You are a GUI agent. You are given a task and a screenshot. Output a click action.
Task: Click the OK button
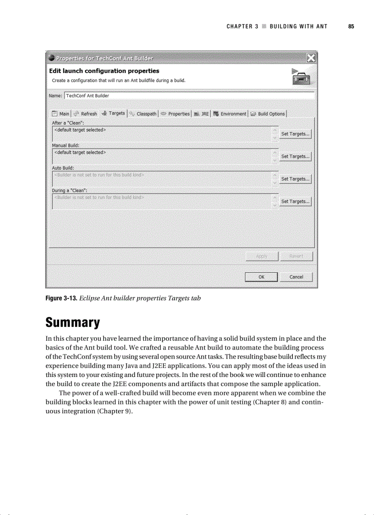[x=261, y=277]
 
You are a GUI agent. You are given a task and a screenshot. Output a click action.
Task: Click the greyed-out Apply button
[x=261, y=256]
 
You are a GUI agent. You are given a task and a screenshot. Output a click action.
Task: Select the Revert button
[x=296, y=256]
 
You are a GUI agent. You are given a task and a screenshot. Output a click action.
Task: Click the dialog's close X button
[x=310, y=58]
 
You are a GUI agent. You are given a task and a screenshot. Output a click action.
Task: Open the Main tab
[x=60, y=114]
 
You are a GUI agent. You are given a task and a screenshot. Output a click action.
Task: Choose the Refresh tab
[x=85, y=114]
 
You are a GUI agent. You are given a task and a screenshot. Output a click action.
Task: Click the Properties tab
[x=175, y=114]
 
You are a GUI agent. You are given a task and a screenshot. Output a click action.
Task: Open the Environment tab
[x=230, y=114]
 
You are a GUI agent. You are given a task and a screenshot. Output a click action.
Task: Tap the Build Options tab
[x=268, y=114]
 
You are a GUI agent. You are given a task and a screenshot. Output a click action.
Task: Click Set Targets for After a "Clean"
[x=296, y=134]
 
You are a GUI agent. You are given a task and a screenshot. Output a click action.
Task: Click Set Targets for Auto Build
[x=296, y=179]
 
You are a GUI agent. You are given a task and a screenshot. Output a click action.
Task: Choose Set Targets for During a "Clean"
[x=296, y=201]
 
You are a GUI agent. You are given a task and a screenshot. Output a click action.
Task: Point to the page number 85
[x=351, y=27]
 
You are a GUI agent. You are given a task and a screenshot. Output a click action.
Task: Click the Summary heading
[x=72, y=323]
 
